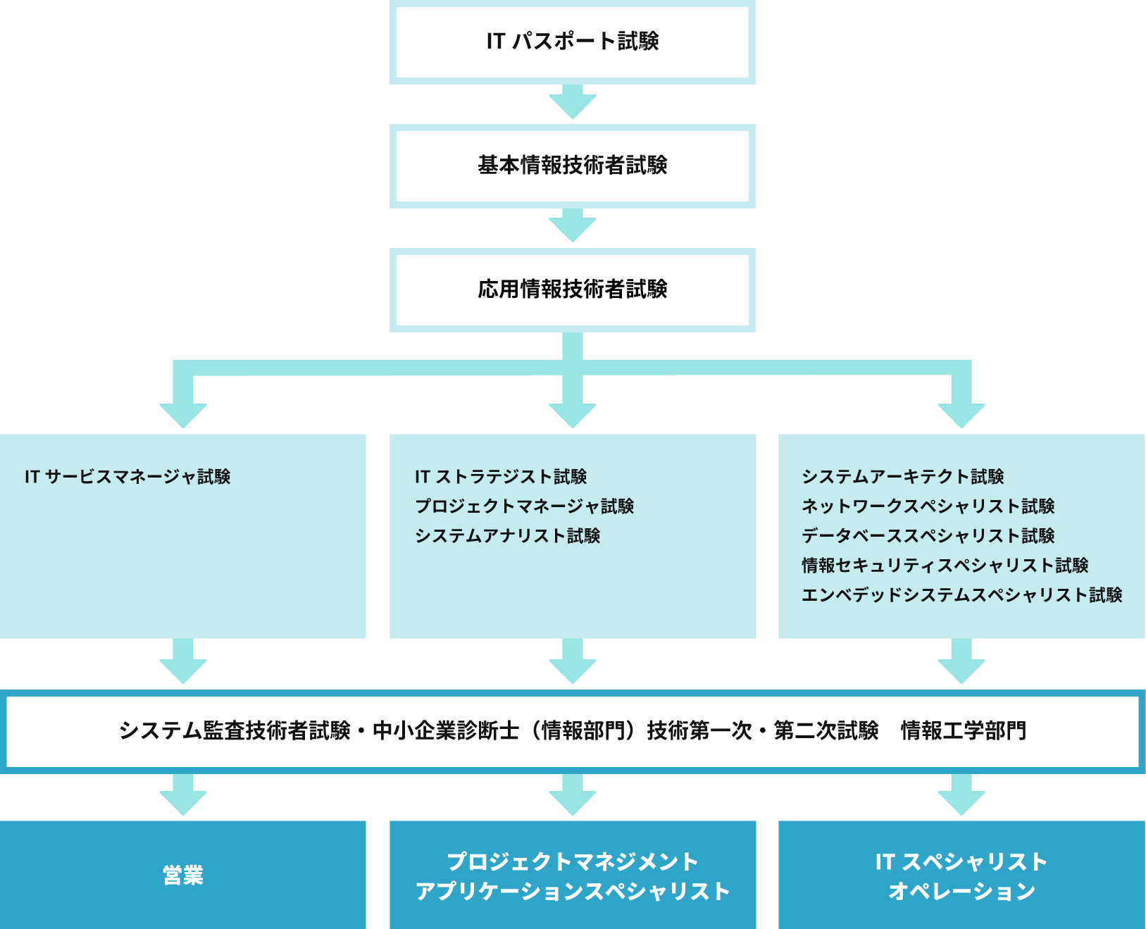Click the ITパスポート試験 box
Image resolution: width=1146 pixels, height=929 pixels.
click(572, 42)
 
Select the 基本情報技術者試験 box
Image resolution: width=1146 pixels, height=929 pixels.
click(572, 166)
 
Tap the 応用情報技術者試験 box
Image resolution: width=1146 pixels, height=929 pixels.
click(572, 289)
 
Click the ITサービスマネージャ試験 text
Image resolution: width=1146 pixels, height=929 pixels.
click(127, 477)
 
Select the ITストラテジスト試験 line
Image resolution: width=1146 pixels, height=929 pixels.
click(501, 477)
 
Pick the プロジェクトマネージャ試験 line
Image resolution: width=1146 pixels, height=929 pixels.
click(524, 506)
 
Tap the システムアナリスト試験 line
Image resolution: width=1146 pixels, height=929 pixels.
click(507, 536)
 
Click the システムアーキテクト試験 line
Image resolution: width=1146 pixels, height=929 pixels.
click(903, 477)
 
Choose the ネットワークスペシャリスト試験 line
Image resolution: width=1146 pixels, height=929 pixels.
click(928, 506)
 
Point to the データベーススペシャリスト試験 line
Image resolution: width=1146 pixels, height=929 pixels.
click(928, 536)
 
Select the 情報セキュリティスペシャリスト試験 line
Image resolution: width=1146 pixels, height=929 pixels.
click(945, 566)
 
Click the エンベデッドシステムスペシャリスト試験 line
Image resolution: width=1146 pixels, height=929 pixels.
click(962, 595)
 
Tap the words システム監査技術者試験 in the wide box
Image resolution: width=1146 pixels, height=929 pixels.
click(235, 731)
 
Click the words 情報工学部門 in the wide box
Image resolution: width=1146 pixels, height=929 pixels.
click(964, 731)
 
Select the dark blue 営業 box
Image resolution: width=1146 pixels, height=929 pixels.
click(183, 875)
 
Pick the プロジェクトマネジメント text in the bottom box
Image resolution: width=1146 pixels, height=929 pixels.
click(573, 861)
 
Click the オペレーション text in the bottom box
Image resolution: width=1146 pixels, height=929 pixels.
click(962, 891)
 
